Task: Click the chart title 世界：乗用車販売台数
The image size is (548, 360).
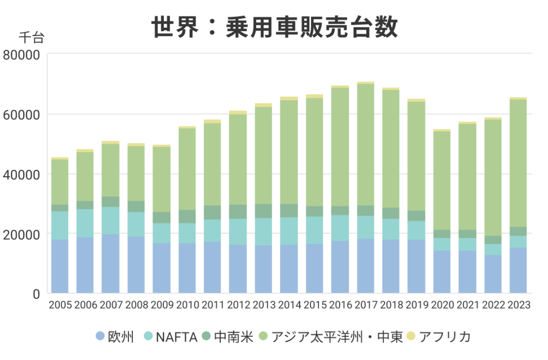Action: coord(274,27)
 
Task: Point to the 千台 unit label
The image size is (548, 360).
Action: coord(32,37)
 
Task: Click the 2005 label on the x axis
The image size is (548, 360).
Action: coord(60,305)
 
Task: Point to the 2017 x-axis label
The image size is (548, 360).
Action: coord(366,305)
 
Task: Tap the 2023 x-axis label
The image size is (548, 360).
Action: coord(518,305)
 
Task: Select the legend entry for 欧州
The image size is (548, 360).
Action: coord(115,337)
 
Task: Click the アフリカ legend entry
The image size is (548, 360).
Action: coord(438,337)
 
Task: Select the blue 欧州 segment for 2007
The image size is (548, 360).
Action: coord(111,264)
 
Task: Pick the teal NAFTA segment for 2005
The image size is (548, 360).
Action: coord(60,225)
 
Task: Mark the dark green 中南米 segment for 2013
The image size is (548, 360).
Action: coord(263,211)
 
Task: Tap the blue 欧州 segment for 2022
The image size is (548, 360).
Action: coord(493,274)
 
